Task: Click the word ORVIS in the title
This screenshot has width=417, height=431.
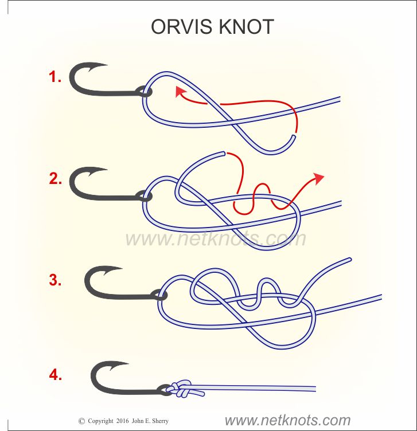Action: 179,27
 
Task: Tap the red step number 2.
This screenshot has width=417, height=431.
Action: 55,179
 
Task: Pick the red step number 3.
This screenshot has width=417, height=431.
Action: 55,281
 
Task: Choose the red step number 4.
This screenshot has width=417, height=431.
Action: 55,376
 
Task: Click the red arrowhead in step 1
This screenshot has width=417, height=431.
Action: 180,92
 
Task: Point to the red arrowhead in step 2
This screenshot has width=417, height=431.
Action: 318,179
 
